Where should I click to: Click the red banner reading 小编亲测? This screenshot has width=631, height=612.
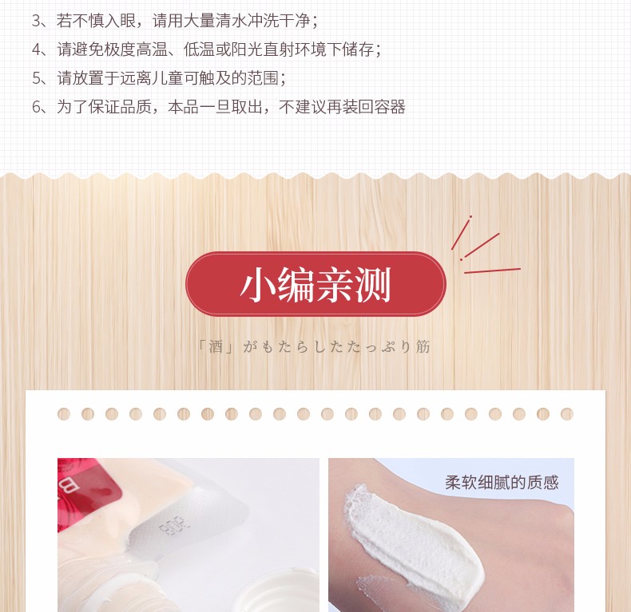tap(315, 284)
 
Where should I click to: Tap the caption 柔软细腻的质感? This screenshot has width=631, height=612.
tap(502, 482)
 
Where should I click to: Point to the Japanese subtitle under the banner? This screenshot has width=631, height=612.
tap(315, 346)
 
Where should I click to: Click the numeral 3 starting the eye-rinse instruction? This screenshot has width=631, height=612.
tap(36, 21)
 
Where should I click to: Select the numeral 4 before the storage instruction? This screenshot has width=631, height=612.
tap(36, 49)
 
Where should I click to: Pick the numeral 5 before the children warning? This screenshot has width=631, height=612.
tap(36, 78)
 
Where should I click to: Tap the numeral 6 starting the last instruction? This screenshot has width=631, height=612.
tap(36, 108)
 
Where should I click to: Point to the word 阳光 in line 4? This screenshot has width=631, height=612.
tap(247, 49)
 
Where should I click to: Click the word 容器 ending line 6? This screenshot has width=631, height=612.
tap(389, 107)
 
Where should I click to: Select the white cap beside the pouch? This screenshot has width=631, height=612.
tap(278, 591)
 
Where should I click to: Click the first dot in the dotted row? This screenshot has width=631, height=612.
tap(64, 414)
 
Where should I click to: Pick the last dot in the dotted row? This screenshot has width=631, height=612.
tap(566, 414)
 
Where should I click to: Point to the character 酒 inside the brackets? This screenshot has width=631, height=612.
tap(216, 346)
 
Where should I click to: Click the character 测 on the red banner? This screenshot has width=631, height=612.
tap(373, 285)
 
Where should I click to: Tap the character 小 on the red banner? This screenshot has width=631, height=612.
tap(257, 285)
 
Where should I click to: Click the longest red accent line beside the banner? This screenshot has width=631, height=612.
tap(492, 270)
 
